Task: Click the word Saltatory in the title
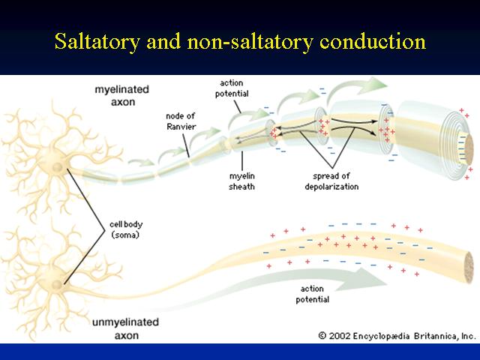click(97, 41)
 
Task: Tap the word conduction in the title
click(373, 41)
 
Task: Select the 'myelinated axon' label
click(121, 95)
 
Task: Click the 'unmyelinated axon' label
click(125, 328)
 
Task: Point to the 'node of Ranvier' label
click(181, 121)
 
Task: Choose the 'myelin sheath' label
click(241, 181)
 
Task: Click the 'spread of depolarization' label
click(331, 181)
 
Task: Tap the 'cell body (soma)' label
click(126, 229)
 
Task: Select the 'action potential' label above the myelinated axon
click(232, 88)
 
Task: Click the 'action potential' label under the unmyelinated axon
click(312, 294)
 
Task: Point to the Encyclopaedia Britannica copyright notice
click(397, 336)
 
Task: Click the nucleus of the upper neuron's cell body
click(57, 167)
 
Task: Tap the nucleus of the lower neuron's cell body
click(56, 285)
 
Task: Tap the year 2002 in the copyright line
click(340, 336)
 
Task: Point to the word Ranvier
click(181, 127)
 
